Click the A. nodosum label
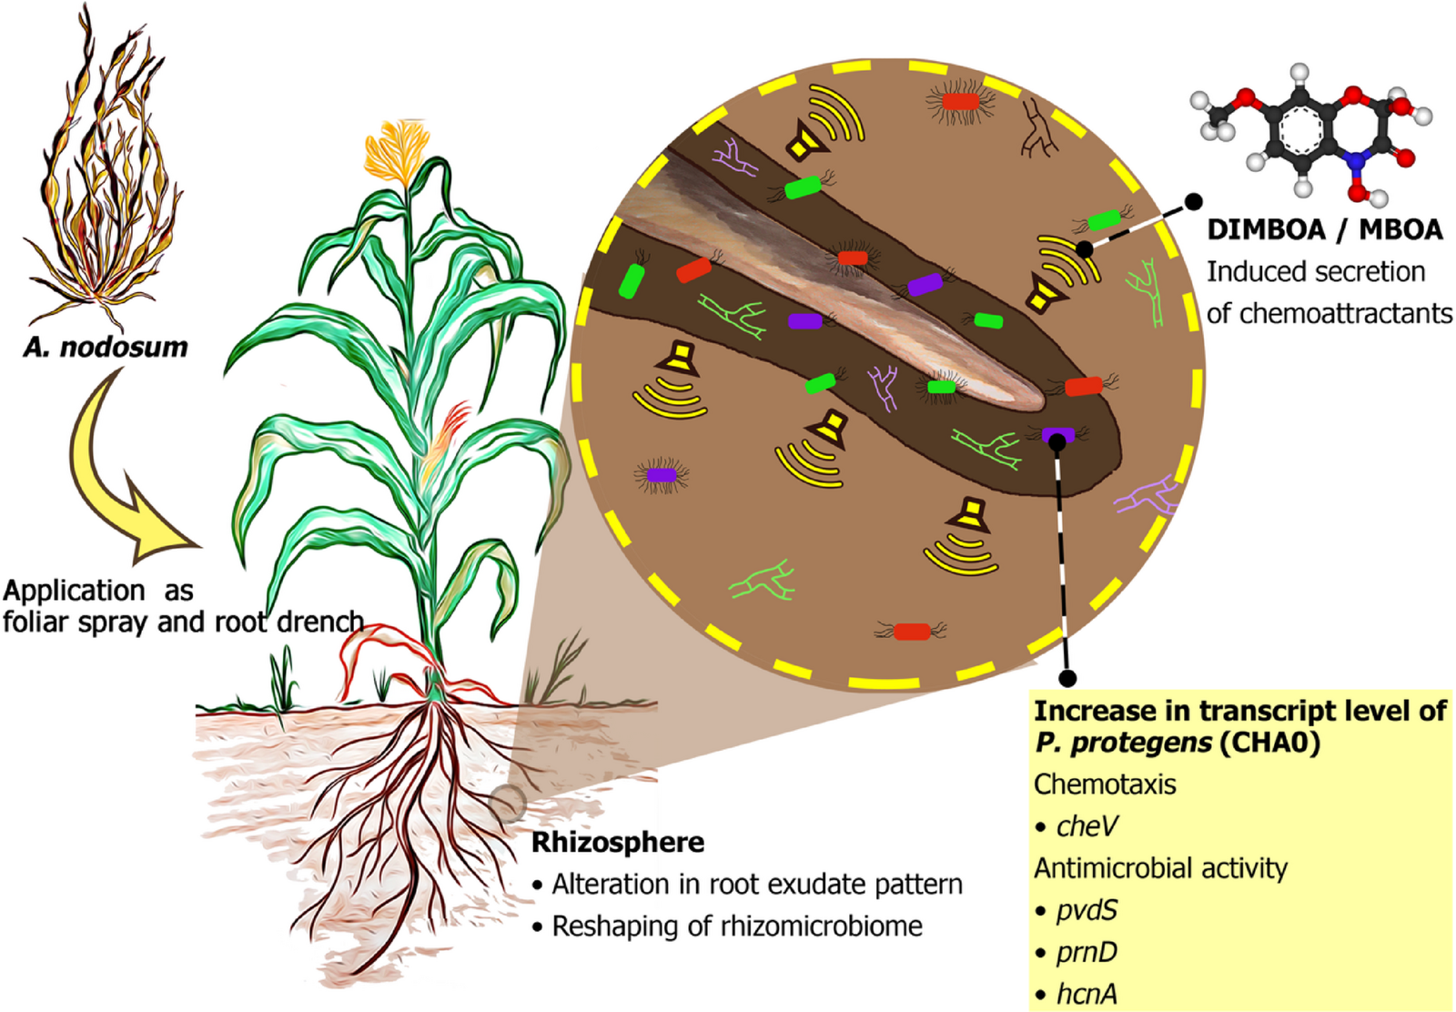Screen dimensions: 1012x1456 coord(106,347)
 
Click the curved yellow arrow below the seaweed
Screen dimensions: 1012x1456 coord(118,473)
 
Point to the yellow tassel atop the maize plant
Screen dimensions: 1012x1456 coord(393,150)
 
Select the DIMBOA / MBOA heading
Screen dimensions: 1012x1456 coord(1324,229)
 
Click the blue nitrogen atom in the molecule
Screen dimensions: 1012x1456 coord(1358,160)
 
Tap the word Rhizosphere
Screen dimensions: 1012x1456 coord(617,843)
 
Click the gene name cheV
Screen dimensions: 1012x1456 coord(1087,826)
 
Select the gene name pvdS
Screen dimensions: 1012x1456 coord(1087,910)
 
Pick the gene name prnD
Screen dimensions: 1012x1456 coord(1087,952)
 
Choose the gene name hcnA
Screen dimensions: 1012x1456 coord(1087,994)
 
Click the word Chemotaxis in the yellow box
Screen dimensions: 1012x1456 coord(1105,784)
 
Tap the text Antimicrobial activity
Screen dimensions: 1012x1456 coord(1160,868)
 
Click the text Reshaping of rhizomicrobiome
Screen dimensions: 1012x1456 coord(737,926)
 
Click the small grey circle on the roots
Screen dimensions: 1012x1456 coord(508,804)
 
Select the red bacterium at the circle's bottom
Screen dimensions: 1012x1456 coord(911,631)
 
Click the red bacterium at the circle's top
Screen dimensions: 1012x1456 coord(960,101)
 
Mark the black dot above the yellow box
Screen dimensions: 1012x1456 coord(1068,678)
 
